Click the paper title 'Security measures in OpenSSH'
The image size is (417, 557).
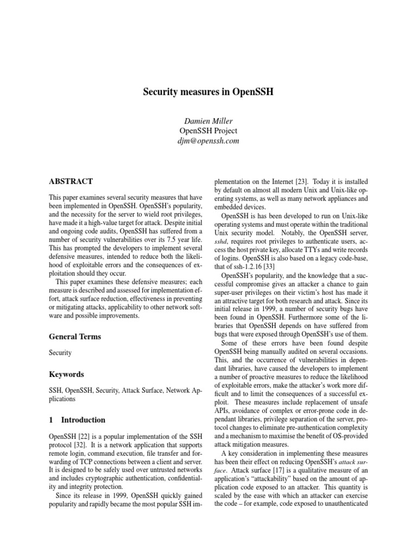(208, 92)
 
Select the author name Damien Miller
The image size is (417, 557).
(208, 121)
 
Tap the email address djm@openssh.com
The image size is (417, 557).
(208, 141)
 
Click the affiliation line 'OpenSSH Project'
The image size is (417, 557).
(208, 131)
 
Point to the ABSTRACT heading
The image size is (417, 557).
(71, 182)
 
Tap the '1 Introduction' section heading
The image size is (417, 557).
(77, 420)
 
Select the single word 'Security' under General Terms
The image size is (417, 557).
(60, 353)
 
